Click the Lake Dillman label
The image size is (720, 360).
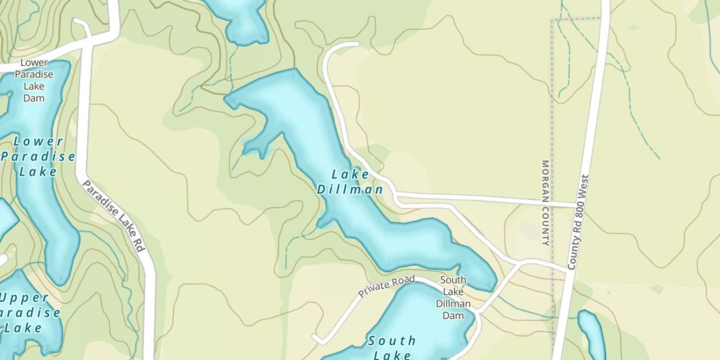click(350, 182)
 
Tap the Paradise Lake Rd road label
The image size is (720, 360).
click(113, 216)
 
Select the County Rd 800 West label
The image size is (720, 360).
click(578, 222)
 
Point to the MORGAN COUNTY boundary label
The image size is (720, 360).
click(545, 203)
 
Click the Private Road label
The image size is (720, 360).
click(386, 287)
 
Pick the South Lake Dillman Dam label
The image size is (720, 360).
click(453, 298)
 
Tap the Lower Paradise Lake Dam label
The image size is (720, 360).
click(34, 80)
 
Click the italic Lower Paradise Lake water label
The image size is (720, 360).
click(38, 156)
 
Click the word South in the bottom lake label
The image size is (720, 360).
click(392, 341)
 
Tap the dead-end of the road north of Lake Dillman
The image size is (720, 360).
click(358, 44)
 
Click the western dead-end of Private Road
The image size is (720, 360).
click(315, 337)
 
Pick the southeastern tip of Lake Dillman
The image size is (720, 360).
click(492, 287)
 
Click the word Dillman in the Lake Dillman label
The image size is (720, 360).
click(350, 190)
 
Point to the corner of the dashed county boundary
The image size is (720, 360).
click(552, 20)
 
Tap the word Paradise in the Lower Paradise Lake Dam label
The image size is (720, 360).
click(34, 74)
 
